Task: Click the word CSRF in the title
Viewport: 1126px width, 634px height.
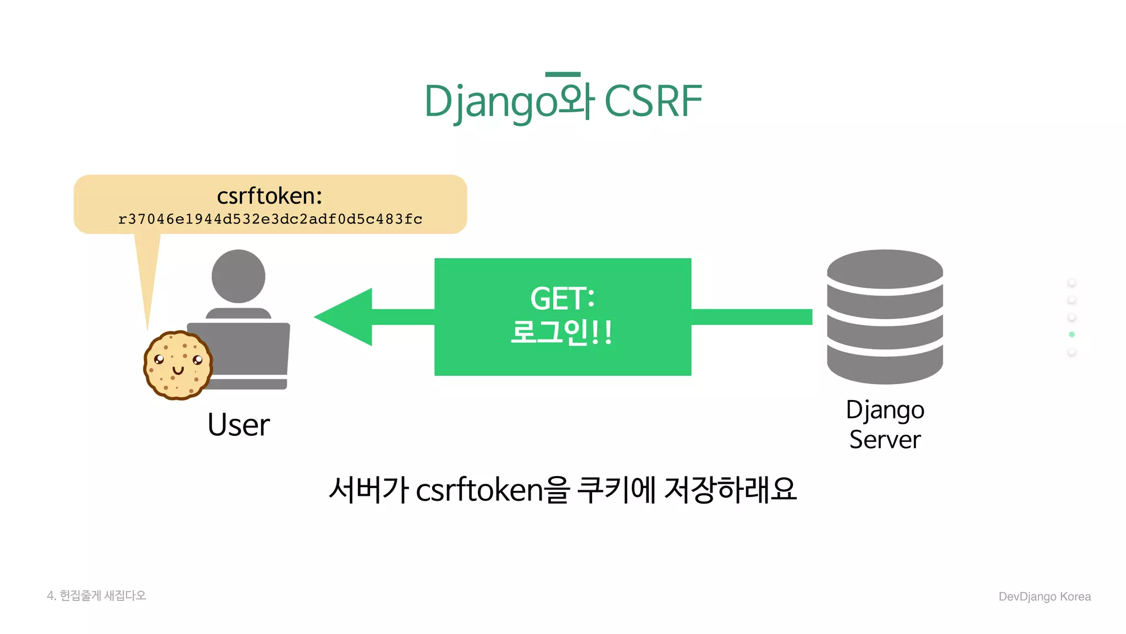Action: pyautogui.click(x=653, y=101)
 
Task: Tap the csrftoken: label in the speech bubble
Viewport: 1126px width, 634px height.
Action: pyautogui.click(x=269, y=196)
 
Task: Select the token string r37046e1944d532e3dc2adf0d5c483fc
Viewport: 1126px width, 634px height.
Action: pyautogui.click(x=270, y=219)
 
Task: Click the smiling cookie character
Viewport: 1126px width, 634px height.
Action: pyautogui.click(x=177, y=365)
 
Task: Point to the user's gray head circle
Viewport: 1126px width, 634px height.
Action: pyautogui.click(x=238, y=276)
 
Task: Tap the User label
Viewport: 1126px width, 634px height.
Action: pyautogui.click(x=238, y=425)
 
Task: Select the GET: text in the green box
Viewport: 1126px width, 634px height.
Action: pyautogui.click(x=562, y=299)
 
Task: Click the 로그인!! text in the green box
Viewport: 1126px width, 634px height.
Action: pyautogui.click(x=561, y=332)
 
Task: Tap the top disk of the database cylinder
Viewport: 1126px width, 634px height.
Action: pyautogui.click(x=885, y=268)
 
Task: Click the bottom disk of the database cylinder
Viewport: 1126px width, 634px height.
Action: pyautogui.click(x=885, y=366)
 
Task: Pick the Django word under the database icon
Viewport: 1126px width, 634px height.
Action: pyautogui.click(x=885, y=411)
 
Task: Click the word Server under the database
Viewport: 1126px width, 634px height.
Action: pyautogui.click(x=885, y=440)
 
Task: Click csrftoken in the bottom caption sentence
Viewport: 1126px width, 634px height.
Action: pyautogui.click(x=479, y=490)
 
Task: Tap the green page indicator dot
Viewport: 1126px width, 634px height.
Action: pyautogui.click(x=1072, y=335)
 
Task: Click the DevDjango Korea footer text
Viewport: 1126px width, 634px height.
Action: pyautogui.click(x=1044, y=597)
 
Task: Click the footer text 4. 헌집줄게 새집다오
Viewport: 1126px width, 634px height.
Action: pyautogui.click(x=96, y=595)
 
